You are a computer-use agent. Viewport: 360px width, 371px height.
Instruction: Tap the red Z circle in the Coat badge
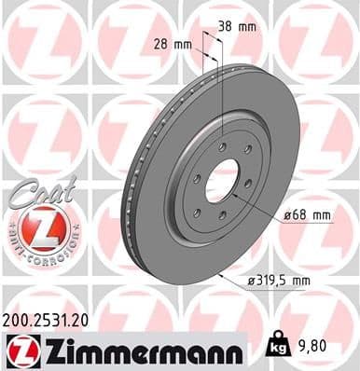pyautogui.click(x=35, y=227)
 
